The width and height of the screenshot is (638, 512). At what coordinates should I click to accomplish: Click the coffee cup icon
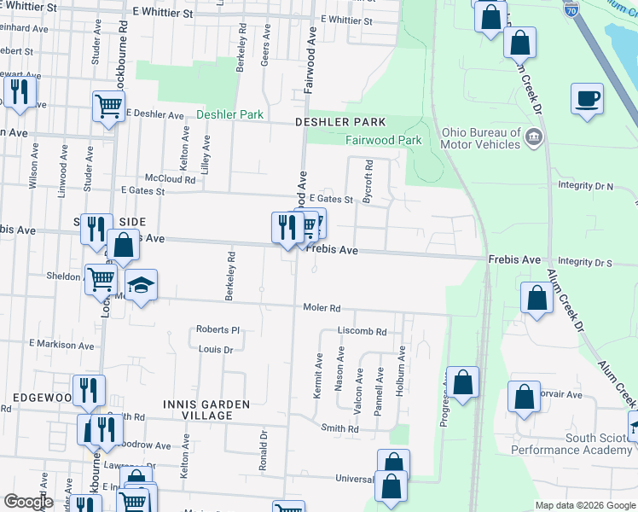tap(586, 98)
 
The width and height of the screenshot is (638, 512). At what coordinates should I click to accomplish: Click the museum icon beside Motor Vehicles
tap(533, 137)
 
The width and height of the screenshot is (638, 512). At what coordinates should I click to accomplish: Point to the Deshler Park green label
tap(229, 114)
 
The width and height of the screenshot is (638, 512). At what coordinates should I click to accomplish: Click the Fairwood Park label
tap(383, 140)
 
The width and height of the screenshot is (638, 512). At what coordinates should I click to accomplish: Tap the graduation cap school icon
tap(142, 285)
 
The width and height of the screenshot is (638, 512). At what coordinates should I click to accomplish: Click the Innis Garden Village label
tap(207, 410)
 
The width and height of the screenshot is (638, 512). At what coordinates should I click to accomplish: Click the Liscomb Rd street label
tap(362, 331)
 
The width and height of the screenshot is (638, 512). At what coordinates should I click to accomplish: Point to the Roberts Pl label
tap(218, 329)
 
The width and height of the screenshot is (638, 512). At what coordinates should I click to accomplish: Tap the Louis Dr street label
tap(216, 350)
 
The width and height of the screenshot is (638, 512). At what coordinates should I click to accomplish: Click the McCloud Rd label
tap(170, 179)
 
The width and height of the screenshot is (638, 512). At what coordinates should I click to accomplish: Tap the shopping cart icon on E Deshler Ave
tap(108, 107)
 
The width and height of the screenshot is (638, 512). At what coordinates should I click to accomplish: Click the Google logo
tap(29, 502)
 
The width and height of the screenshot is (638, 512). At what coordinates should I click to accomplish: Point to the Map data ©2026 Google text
tap(584, 505)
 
